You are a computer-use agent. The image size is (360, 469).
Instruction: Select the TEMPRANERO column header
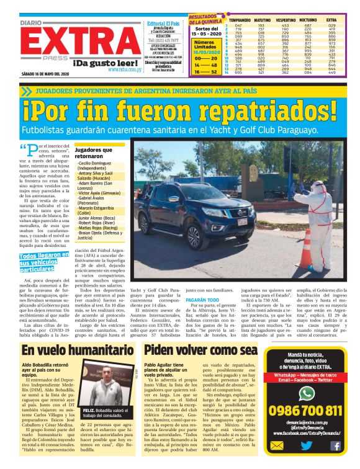231,20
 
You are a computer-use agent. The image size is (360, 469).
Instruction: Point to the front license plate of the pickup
242,220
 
